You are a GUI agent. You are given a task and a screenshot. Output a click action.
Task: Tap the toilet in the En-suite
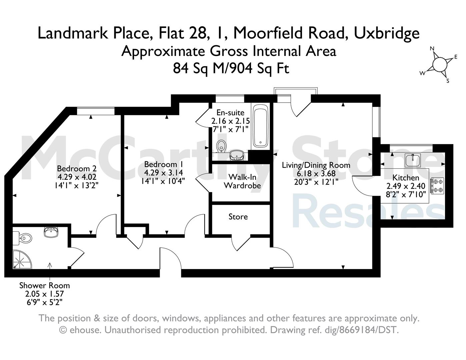(221, 146)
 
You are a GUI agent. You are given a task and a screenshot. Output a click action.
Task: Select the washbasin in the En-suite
(237, 155)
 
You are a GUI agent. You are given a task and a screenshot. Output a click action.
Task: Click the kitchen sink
(413, 160)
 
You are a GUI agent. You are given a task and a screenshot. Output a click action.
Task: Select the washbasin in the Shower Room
(51, 232)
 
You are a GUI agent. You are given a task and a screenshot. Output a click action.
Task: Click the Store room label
(238, 217)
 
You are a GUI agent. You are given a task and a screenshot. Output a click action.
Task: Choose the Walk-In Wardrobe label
(242, 181)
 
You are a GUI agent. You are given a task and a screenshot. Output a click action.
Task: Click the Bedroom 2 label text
(77, 168)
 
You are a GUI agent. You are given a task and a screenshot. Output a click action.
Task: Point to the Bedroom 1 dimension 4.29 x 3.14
(163, 173)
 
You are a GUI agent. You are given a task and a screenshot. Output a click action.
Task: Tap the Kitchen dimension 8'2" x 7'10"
(406, 195)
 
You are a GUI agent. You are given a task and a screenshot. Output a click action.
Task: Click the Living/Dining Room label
(316, 165)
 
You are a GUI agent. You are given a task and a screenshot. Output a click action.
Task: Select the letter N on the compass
(432, 48)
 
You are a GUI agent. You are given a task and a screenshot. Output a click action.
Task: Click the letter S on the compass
(448, 81)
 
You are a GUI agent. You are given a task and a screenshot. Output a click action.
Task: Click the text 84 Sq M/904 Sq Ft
(231, 68)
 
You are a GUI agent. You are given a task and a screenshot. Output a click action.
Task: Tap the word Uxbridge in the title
(387, 33)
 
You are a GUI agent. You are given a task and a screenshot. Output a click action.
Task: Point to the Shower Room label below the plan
(45, 286)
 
